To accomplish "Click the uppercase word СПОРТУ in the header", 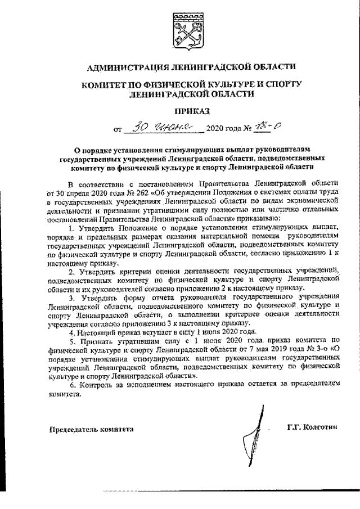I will pyautogui.click(x=279, y=84).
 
